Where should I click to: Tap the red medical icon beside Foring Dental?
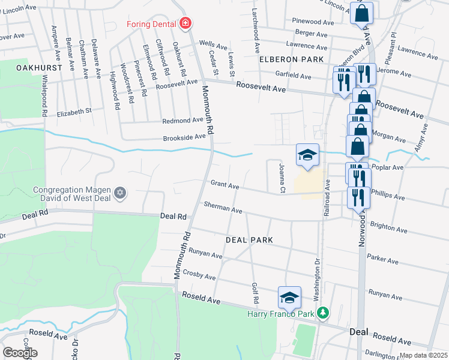186,23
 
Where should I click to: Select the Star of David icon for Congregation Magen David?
120,193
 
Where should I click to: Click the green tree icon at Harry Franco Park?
323,313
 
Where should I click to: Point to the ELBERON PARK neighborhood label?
292,59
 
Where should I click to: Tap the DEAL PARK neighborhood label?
249,239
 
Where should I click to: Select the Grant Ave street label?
224,184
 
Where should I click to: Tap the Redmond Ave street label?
183,121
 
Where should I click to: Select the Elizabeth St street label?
74,112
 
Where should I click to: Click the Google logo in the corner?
20,353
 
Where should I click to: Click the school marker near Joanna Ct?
307,155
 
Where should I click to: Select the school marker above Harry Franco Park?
289,297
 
